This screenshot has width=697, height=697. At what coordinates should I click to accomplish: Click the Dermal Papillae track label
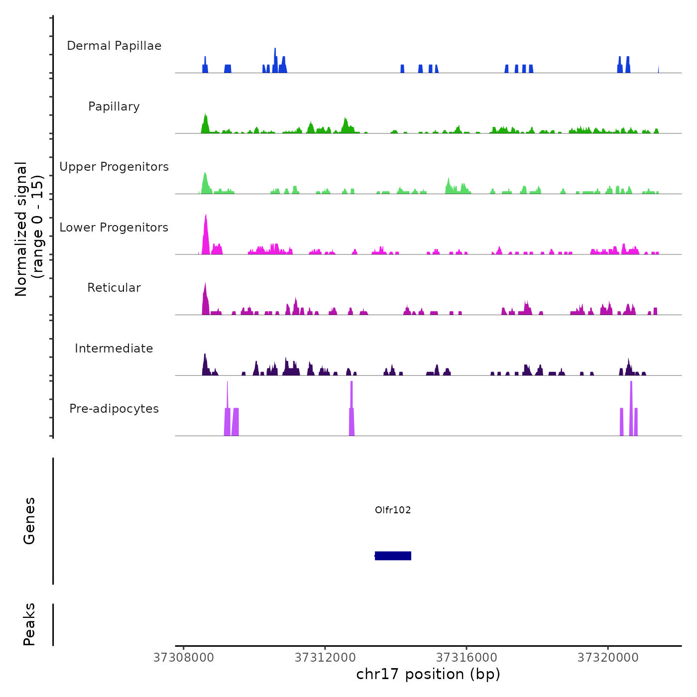point(114,46)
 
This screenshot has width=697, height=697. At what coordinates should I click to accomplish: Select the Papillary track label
point(114,107)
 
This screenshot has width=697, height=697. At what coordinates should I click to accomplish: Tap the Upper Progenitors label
point(114,167)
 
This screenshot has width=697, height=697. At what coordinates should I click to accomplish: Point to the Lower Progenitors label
point(114,228)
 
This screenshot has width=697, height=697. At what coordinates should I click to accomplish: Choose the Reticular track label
point(114,288)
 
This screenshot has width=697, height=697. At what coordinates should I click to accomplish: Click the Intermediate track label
point(114,348)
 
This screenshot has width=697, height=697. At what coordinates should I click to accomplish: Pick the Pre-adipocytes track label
point(114,409)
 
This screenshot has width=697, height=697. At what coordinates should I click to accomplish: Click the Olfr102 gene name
point(393,510)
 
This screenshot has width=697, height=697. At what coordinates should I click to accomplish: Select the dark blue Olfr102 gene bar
point(393,556)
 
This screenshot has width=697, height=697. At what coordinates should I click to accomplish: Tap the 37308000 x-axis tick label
point(184,658)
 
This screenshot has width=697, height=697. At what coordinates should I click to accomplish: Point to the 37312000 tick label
point(325,658)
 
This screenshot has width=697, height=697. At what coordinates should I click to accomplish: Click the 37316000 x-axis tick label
point(466,658)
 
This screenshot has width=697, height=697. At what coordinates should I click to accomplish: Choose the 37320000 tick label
point(608,658)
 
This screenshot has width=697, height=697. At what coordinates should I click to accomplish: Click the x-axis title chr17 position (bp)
point(428,674)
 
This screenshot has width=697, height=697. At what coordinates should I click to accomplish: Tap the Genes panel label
point(29,521)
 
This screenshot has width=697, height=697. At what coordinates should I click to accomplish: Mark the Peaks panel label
point(29,624)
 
